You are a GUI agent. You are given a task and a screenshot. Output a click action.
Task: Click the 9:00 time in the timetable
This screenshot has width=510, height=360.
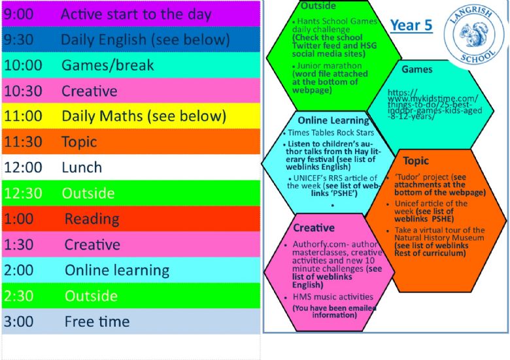coord(18,14)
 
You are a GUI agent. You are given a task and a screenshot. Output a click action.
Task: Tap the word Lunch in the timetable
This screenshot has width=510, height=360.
coord(82,168)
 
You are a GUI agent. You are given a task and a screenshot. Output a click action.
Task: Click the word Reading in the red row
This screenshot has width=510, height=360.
coord(92,219)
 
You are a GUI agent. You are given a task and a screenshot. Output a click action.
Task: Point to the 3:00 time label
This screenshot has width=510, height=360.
coord(18,321)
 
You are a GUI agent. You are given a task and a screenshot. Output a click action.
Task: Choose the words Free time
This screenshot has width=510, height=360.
coord(97,321)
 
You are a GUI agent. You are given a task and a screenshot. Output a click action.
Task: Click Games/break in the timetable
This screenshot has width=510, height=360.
coord(108,65)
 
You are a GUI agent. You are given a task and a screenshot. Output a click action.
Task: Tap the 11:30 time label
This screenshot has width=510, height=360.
coord(23,142)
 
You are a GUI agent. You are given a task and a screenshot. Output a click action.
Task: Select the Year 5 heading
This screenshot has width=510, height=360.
coord(411,25)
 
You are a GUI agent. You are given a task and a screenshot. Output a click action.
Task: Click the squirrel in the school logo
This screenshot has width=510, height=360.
coord(470,35)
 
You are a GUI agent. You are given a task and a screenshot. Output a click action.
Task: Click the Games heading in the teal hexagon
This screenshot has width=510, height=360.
coord(417,69)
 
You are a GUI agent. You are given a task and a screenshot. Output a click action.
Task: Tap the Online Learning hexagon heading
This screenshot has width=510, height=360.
coord(333,120)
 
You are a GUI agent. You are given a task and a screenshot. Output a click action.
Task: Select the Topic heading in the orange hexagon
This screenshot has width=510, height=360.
coord(416,161)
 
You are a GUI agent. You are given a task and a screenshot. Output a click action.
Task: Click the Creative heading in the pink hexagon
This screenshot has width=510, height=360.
coord(314,228)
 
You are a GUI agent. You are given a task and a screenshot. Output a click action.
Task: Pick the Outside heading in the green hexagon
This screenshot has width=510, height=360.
coord(318,5)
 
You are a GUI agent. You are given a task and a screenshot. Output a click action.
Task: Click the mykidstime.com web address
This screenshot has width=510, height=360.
coord(435,105)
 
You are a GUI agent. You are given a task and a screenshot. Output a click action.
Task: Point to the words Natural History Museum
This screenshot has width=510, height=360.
coord(439,238)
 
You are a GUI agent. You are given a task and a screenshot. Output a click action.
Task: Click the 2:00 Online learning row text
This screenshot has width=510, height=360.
coord(86,270)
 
